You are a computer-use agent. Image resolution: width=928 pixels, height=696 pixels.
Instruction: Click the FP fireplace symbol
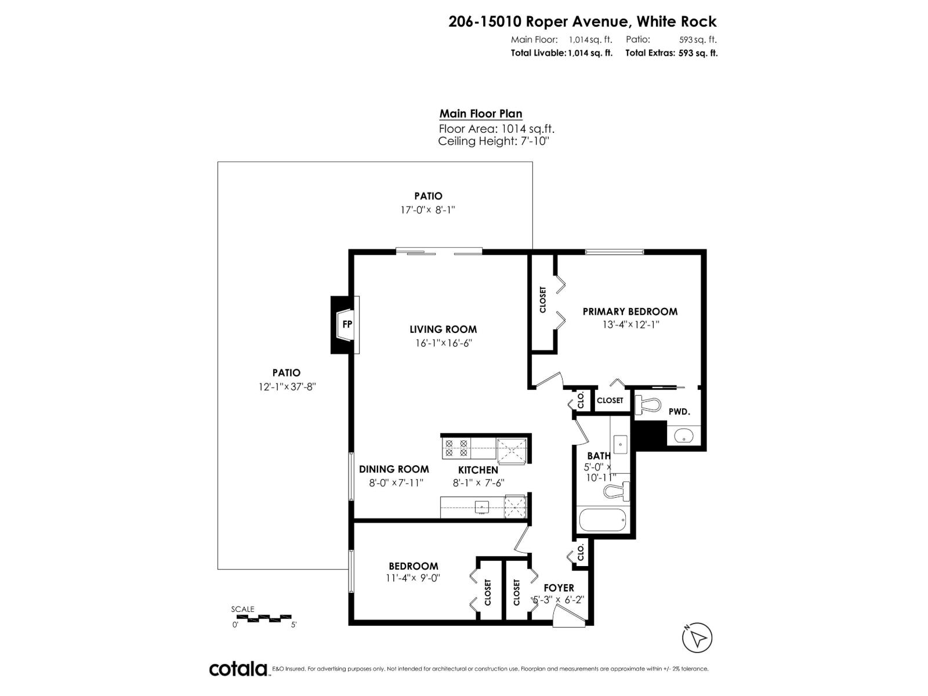pyautogui.click(x=347, y=324)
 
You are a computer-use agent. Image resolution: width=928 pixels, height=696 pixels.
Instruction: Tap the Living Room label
pyautogui.click(x=443, y=329)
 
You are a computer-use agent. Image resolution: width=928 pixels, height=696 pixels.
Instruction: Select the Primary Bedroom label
pyautogui.click(x=630, y=311)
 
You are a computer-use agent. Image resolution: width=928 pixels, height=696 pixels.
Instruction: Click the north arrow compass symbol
pyautogui.click(x=699, y=638)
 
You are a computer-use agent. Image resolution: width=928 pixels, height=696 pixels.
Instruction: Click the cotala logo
pyautogui.click(x=238, y=669)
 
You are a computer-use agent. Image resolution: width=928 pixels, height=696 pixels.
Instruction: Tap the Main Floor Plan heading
pyautogui.click(x=481, y=114)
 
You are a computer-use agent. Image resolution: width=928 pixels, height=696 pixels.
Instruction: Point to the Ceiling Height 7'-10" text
pyautogui.click(x=493, y=141)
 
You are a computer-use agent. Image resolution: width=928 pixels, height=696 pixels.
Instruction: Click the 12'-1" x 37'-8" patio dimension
pyautogui.click(x=287, y=387)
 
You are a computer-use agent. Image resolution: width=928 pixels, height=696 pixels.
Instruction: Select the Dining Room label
pyautogui.click(x=394, y=469)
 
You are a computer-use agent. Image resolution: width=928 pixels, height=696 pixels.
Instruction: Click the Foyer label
pyautogui.click(x=559, y=588)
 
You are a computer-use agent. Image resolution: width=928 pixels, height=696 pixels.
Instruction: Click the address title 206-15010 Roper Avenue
pyautogui.click(x=582, y=21)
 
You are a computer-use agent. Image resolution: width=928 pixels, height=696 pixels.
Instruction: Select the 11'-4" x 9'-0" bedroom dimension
pyautogui.click(x=413, y=578)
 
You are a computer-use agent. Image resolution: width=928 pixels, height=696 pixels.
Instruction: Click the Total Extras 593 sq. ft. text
pyautogui.click(x=671, y=53)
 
